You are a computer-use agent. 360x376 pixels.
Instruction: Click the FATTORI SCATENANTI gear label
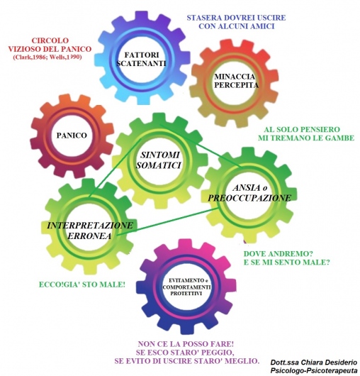pyautogui.click(x=142, y=59)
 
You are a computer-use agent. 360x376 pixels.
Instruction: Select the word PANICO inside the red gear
pyautogui.click(x=72, y=136)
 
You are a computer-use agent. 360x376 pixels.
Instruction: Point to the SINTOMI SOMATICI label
pyautogui.click(x=159, y=160)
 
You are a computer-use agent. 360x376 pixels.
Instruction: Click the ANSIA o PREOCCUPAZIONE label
pyautogui.click(x=249, y=192)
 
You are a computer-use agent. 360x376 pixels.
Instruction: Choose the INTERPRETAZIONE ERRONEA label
pyautogui.click(x=89, y=231)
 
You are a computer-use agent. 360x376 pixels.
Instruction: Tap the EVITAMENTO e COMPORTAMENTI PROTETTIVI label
pyautogui.click(x=186, y=287)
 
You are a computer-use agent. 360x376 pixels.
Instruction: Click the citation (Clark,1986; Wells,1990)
pyautogui.click(x=47, y=57)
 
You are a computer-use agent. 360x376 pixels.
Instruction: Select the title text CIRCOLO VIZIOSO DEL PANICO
pyautogui.click(x=50, y=45)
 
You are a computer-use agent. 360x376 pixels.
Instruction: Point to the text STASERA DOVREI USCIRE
pyautogui.click(x=236, y=18)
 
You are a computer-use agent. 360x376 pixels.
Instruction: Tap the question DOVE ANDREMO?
pyautogui.click(x=279, y=254)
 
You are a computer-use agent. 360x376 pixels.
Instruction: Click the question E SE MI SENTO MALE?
pyautogui.click(x=287, y=262)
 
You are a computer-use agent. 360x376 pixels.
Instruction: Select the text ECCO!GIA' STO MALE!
pyautogui.click(x=82, y=284)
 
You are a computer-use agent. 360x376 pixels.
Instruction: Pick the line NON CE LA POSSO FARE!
pyautogui.click(x=186, y=344)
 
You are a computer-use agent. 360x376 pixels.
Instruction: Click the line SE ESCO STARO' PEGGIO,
pyautogui.click(x=185, y=353)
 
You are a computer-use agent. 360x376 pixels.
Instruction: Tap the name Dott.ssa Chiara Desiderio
pyautogui.click(x=314, y=363)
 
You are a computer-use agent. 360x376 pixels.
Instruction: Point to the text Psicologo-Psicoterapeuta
pyautogui.click(x=314, y=371)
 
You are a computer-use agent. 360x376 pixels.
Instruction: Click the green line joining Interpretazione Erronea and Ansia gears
pyautogui.click(x=168, y=222)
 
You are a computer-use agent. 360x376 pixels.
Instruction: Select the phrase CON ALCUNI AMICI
pyautogui.click(x=237, y=26)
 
